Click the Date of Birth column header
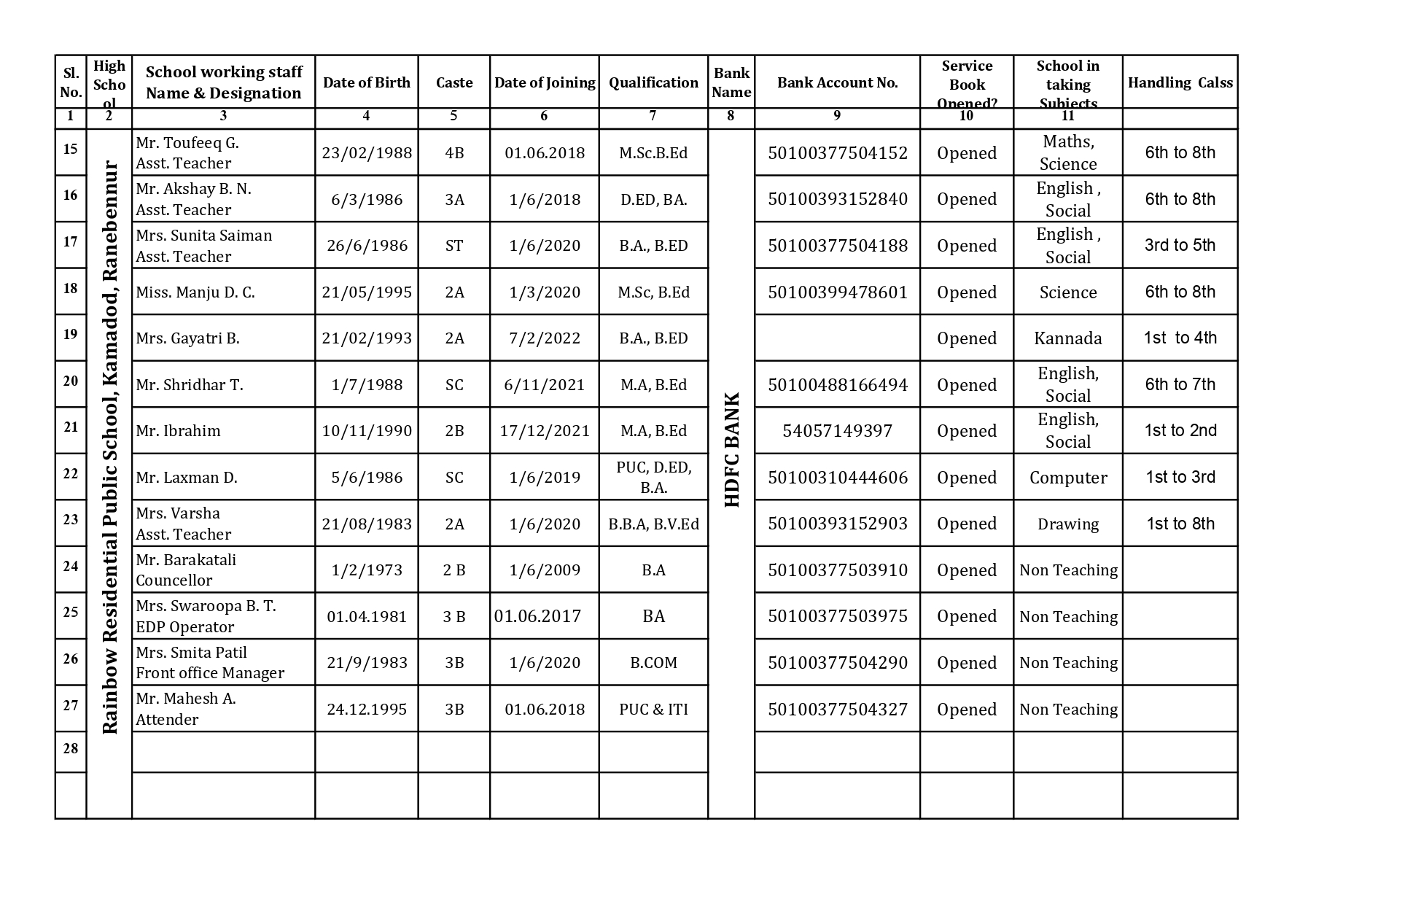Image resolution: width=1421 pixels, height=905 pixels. pyautogui.click(x=366, y=82)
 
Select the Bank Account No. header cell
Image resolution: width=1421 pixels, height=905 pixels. pyautogui.click(x=837, y=82)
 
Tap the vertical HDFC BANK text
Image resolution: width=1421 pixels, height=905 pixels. pyautogui.click(x=732, y=449)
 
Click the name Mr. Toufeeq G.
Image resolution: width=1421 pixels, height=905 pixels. pyautogui.click(x=187, y=143)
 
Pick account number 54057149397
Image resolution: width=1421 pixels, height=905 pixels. pyautogui.click(x=837, y=431)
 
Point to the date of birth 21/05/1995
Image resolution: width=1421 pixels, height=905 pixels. pyautogui.click(x=366, y=292)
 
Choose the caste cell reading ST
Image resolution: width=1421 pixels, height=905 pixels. pyautogui.click(x=453, y=246)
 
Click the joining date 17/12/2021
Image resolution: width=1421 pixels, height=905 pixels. pyautogui.click(x=544, y=431)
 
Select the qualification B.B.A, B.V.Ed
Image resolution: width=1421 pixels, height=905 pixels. pyautogui.click(x=653, y=524)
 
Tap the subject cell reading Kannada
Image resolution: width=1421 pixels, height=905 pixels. pyautogui.click(x=1067, y=338)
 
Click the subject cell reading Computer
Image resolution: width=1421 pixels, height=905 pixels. pyautogui.click(x=1067, y=478)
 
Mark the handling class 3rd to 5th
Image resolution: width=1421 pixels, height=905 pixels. pyautogui.click(x=1180, y=246)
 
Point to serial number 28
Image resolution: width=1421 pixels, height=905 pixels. pyautogui.click(x=70, y=748)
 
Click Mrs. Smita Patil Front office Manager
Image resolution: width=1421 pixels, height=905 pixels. pyautogui.click(x=210, y=662)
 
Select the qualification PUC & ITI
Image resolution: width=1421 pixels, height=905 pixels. pyautogui.click(x=653, y=709)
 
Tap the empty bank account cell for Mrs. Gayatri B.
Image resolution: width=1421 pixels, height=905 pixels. pyautogui.click(x=837, y=338)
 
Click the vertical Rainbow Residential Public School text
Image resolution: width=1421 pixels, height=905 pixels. pyautogui.click(x=109, y=448)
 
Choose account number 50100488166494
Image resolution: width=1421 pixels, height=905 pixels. pyautogui.click(x=837, y=385)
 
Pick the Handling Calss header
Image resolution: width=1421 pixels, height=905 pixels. pyautogui.click(x=1180, y=82)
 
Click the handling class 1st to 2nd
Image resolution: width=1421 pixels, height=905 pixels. pyautogui.click(x=1180, y=431)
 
